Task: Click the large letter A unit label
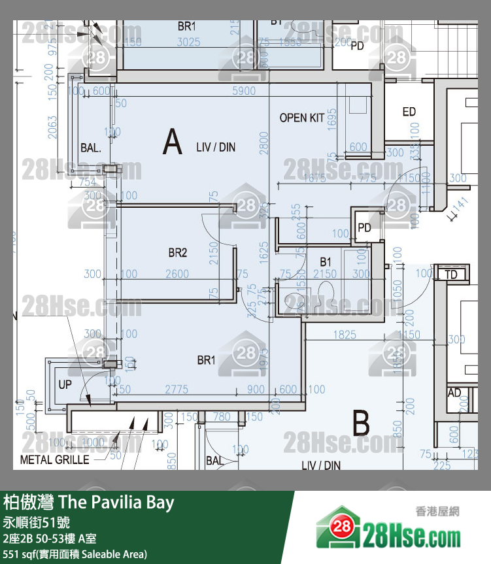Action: tap(172, 142)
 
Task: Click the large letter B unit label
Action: tap(361, 423)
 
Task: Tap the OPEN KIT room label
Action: tap(301, 118)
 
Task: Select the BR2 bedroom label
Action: tap(177, 253)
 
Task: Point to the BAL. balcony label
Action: tap(91, 148)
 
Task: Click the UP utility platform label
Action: tap(65, 384)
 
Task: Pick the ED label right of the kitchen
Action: tap(409, 112)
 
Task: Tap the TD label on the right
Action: tap(451, 274)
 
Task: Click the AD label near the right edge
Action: tap(454, 393)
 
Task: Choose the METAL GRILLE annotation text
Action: tap(55, 459)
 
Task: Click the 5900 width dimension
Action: tap(244, 91)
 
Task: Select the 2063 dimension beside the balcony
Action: tap(53, 127)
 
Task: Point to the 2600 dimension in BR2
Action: tap(177, 274)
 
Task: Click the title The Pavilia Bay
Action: tap(89, 502)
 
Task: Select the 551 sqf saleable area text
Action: tap(75, 554)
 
